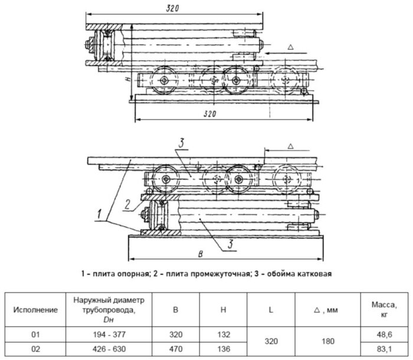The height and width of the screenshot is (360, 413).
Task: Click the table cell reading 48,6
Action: [386, 333]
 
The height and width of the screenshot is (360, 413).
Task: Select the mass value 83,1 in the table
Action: [386, 348]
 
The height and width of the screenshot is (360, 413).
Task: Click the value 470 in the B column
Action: [175, 348]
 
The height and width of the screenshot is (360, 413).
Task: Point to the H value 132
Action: [224, 333]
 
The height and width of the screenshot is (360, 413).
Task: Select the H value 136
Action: [224, 348]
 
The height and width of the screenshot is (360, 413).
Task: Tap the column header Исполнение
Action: [37, 308]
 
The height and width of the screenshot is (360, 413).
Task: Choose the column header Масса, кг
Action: [386, 308]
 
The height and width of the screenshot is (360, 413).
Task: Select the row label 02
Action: [37, 348]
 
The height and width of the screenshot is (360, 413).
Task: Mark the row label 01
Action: [37, 333]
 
